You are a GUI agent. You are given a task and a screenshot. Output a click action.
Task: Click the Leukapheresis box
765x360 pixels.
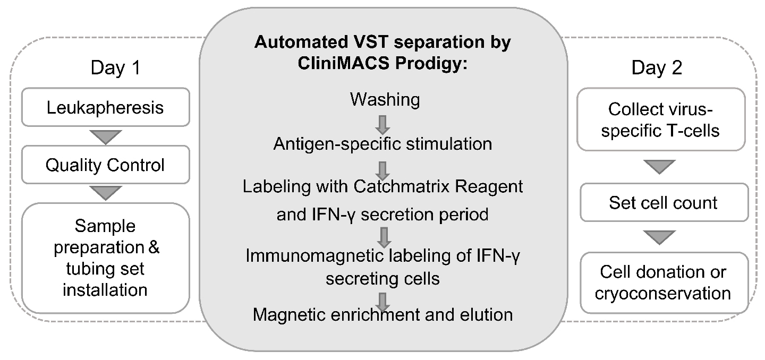(106, 107)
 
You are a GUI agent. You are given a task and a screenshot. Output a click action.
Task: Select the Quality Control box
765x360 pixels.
(106, 165)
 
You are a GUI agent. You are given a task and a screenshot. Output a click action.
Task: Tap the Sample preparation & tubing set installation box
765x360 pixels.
(106, 258)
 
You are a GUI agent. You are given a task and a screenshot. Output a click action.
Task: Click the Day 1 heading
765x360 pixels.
(115, 68)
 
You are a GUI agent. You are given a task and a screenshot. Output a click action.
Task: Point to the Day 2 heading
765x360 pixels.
(657, 68)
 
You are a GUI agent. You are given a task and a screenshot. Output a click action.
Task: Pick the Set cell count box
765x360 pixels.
(664, 202)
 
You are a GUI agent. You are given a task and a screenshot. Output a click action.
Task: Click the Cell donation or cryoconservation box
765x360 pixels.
(664, 282)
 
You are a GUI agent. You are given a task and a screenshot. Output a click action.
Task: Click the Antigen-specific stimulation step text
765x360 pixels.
(382, 144)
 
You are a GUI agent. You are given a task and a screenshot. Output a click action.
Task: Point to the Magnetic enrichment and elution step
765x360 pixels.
(382, 314)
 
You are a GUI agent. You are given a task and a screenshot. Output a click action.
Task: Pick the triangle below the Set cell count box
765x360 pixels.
(664, 237)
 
